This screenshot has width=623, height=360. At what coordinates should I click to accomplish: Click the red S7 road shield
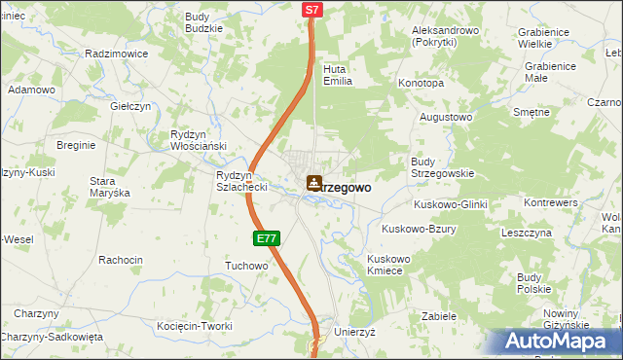click(x=311, y=10)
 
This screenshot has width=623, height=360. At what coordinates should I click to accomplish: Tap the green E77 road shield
click(x=269, y=237)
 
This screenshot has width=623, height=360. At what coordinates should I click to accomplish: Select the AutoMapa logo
click(x=559, y=341)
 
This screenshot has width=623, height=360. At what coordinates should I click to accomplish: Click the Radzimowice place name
click(x=116, y=54)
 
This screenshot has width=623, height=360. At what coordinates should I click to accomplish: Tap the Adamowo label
click(x=31, y=90)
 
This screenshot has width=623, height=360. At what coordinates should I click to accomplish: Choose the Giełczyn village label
click(x=130, y=106)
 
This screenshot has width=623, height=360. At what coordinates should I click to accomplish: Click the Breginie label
click(x=75, y=145)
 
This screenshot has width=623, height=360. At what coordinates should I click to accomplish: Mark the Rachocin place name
click(x=121, y=260)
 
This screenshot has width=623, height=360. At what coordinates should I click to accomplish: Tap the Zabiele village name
click(x=439, y=316)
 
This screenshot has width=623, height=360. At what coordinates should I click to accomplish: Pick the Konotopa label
click(x=421, y=84)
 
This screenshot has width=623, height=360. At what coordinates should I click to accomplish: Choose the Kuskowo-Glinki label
click(x=450, y=204)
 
